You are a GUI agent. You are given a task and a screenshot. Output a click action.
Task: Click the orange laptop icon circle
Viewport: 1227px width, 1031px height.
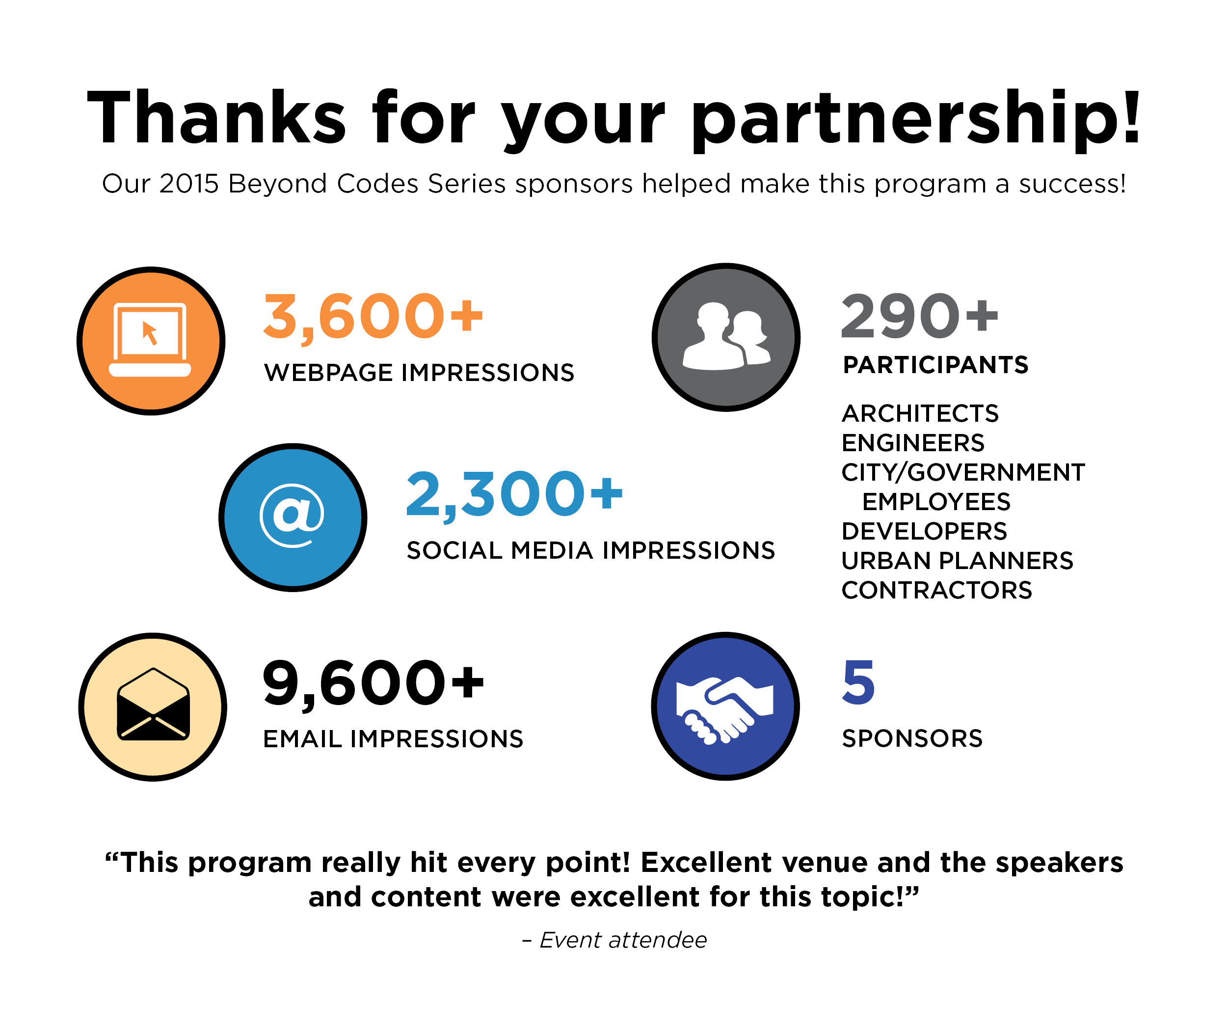coord(151,341)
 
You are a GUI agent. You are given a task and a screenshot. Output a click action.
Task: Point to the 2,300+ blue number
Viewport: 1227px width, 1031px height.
coord(514,494)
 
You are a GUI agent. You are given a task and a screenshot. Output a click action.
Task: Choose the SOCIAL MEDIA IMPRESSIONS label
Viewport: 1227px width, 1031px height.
coord(590,550)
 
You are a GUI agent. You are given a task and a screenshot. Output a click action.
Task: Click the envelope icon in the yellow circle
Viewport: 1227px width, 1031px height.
coord(153,705)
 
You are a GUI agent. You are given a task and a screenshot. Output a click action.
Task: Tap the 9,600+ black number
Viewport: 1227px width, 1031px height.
coord(373,682)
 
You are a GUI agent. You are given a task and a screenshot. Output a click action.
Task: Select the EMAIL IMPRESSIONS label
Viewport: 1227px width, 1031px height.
coord(393,739)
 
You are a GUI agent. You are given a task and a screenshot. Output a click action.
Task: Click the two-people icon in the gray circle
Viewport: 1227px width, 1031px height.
coord(726,337)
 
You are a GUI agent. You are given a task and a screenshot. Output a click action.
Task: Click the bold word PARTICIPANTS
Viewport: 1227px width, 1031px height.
coord(935,365)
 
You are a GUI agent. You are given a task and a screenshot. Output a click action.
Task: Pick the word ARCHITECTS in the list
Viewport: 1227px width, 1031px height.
coord(920,414)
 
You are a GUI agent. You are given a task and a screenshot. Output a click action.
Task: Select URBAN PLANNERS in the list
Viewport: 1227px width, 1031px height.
coord(957,561)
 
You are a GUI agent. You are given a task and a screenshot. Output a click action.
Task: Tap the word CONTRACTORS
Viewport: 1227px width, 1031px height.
coord(936,590)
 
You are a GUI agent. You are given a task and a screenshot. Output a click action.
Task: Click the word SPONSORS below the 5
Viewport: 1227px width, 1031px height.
coord(911,739)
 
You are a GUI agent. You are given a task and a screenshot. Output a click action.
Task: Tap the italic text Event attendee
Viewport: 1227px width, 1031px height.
coord(622,940)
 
